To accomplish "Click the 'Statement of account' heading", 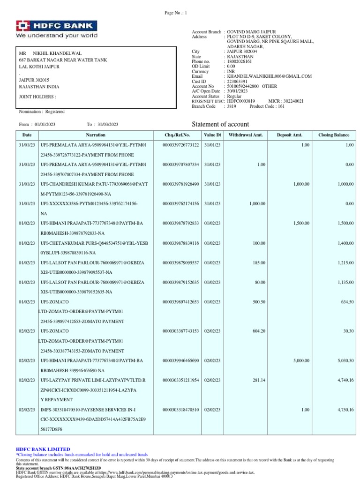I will [x=221, y=124].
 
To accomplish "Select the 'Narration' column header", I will [x=96, y=135].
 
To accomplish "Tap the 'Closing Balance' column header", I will [x=334, y=135].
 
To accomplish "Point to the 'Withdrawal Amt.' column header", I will [x=246, y=135].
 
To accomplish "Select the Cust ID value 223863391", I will [x=237, y=81].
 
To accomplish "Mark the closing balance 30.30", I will [x=348, y=331].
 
